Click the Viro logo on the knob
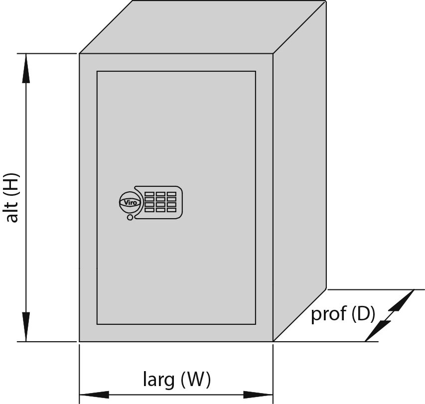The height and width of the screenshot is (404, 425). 130,202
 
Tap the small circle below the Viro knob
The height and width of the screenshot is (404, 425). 130,217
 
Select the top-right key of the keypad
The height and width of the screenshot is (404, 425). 171,194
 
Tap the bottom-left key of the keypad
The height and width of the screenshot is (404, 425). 149,210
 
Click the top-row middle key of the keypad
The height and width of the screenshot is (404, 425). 160,194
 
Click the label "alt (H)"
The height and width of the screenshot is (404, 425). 12,197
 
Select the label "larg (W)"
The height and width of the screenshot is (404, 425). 177,379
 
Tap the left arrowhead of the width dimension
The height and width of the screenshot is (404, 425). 94,395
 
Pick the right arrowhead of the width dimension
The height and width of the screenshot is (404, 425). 258,395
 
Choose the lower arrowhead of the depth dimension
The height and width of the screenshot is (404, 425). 378,331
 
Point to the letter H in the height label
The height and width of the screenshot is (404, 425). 12,184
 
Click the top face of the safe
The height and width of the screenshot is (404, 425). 203,27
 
